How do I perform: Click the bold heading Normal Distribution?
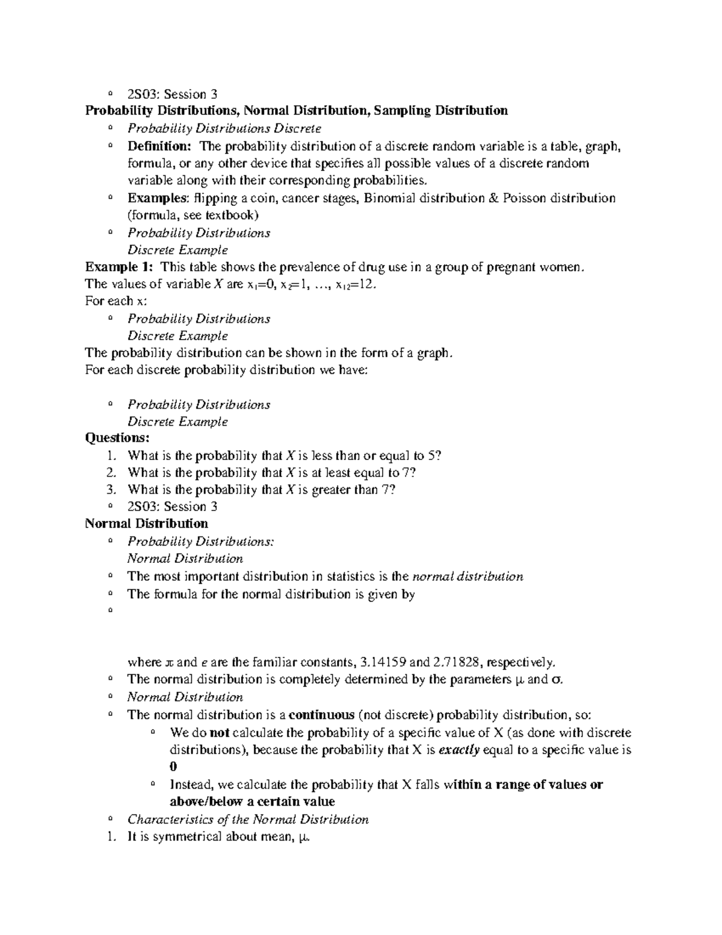146,523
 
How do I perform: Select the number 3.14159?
382,662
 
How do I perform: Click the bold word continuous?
321,715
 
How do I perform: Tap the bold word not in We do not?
218,733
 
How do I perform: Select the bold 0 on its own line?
173,767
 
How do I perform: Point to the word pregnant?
517,267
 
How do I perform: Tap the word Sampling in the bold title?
402,110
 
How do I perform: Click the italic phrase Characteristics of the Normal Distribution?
248,819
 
